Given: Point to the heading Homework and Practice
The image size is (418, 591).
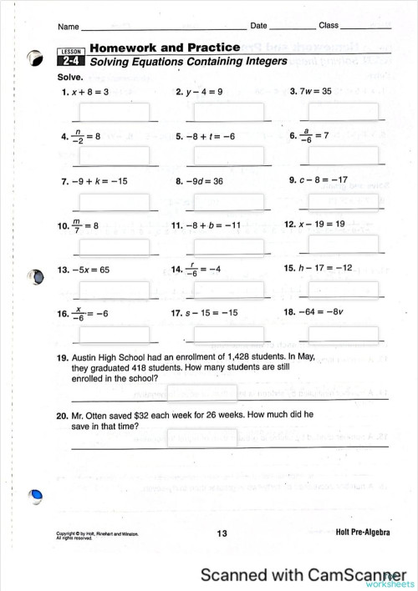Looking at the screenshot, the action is click(165, 48).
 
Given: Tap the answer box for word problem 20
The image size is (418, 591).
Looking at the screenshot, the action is click(202, 437).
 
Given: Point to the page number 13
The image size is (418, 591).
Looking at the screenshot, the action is click(222, 533).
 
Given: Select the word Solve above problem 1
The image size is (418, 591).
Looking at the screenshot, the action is click(69, 76).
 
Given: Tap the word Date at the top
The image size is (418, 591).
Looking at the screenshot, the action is click(258, 26).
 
